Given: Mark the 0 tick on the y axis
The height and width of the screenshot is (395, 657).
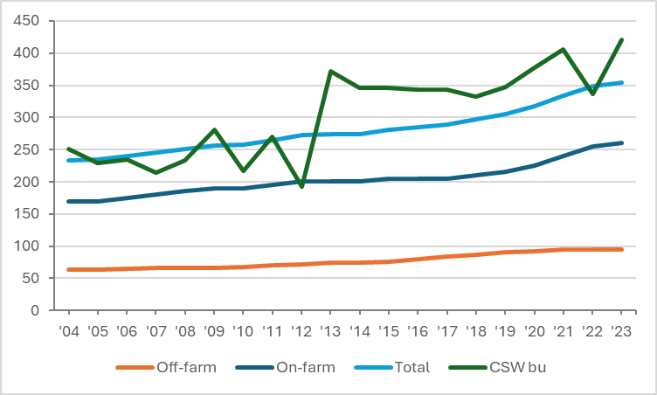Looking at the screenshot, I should point(35,310).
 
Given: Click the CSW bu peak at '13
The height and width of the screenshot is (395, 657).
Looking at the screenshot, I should point(331,72).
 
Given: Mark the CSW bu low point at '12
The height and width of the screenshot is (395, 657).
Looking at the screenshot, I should point(302,186).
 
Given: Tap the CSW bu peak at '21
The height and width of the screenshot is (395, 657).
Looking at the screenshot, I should point(564,50).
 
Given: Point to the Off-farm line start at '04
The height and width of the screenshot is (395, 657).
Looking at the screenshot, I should point(68,269).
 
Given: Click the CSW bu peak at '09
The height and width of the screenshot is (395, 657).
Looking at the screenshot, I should point(214,130).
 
